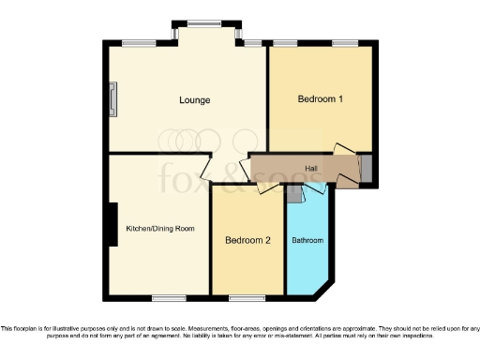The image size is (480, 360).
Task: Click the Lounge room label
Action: [x=196, y=99]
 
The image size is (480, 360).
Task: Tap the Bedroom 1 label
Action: [x=320, y=98]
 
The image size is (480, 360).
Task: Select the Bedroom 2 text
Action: [x=247, y=240]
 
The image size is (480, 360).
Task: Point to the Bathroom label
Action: [x=307, y=241]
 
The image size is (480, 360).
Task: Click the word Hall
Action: [x=311, y=168]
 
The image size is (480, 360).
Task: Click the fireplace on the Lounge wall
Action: [x=112, y=99]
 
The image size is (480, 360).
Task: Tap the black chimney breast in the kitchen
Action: [x=112, y=225]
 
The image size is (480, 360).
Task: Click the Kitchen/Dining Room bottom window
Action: [x=168, y=298]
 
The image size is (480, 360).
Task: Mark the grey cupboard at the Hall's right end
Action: [x=367, y=170]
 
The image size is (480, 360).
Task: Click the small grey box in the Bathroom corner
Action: [x=293, y=194]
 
